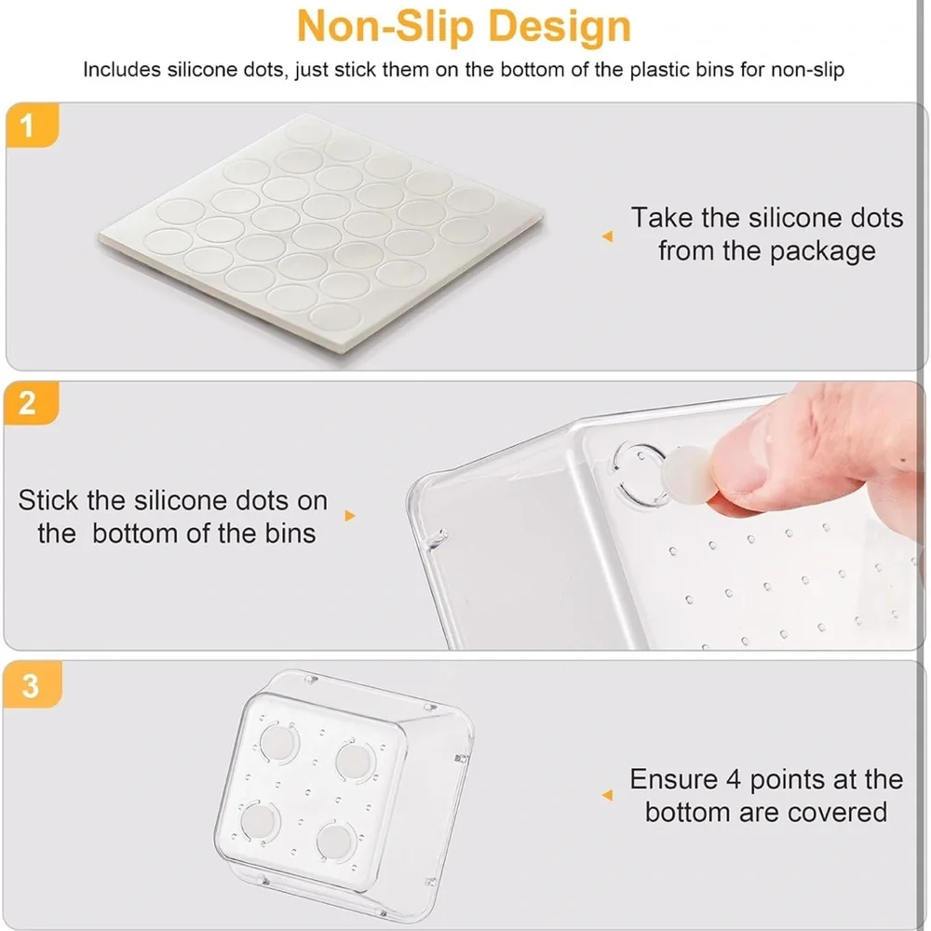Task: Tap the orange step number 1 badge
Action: pos(32,126)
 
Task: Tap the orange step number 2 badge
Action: pos(32,403)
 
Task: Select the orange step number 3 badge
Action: pos(32,684)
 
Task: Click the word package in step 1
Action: pos(822,251)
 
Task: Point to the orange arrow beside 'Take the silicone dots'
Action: pos(607,236)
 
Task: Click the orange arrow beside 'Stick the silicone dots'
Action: pos(350,516)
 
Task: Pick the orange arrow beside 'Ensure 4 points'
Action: pos(607,795)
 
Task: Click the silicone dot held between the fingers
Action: pos(688,473)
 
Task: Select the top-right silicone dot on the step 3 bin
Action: pos(354,762)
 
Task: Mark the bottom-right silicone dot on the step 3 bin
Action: pos(335,841)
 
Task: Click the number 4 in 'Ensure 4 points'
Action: pos(734,779)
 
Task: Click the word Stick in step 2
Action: pos(48,501)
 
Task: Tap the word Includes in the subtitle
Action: pos(122,70)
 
